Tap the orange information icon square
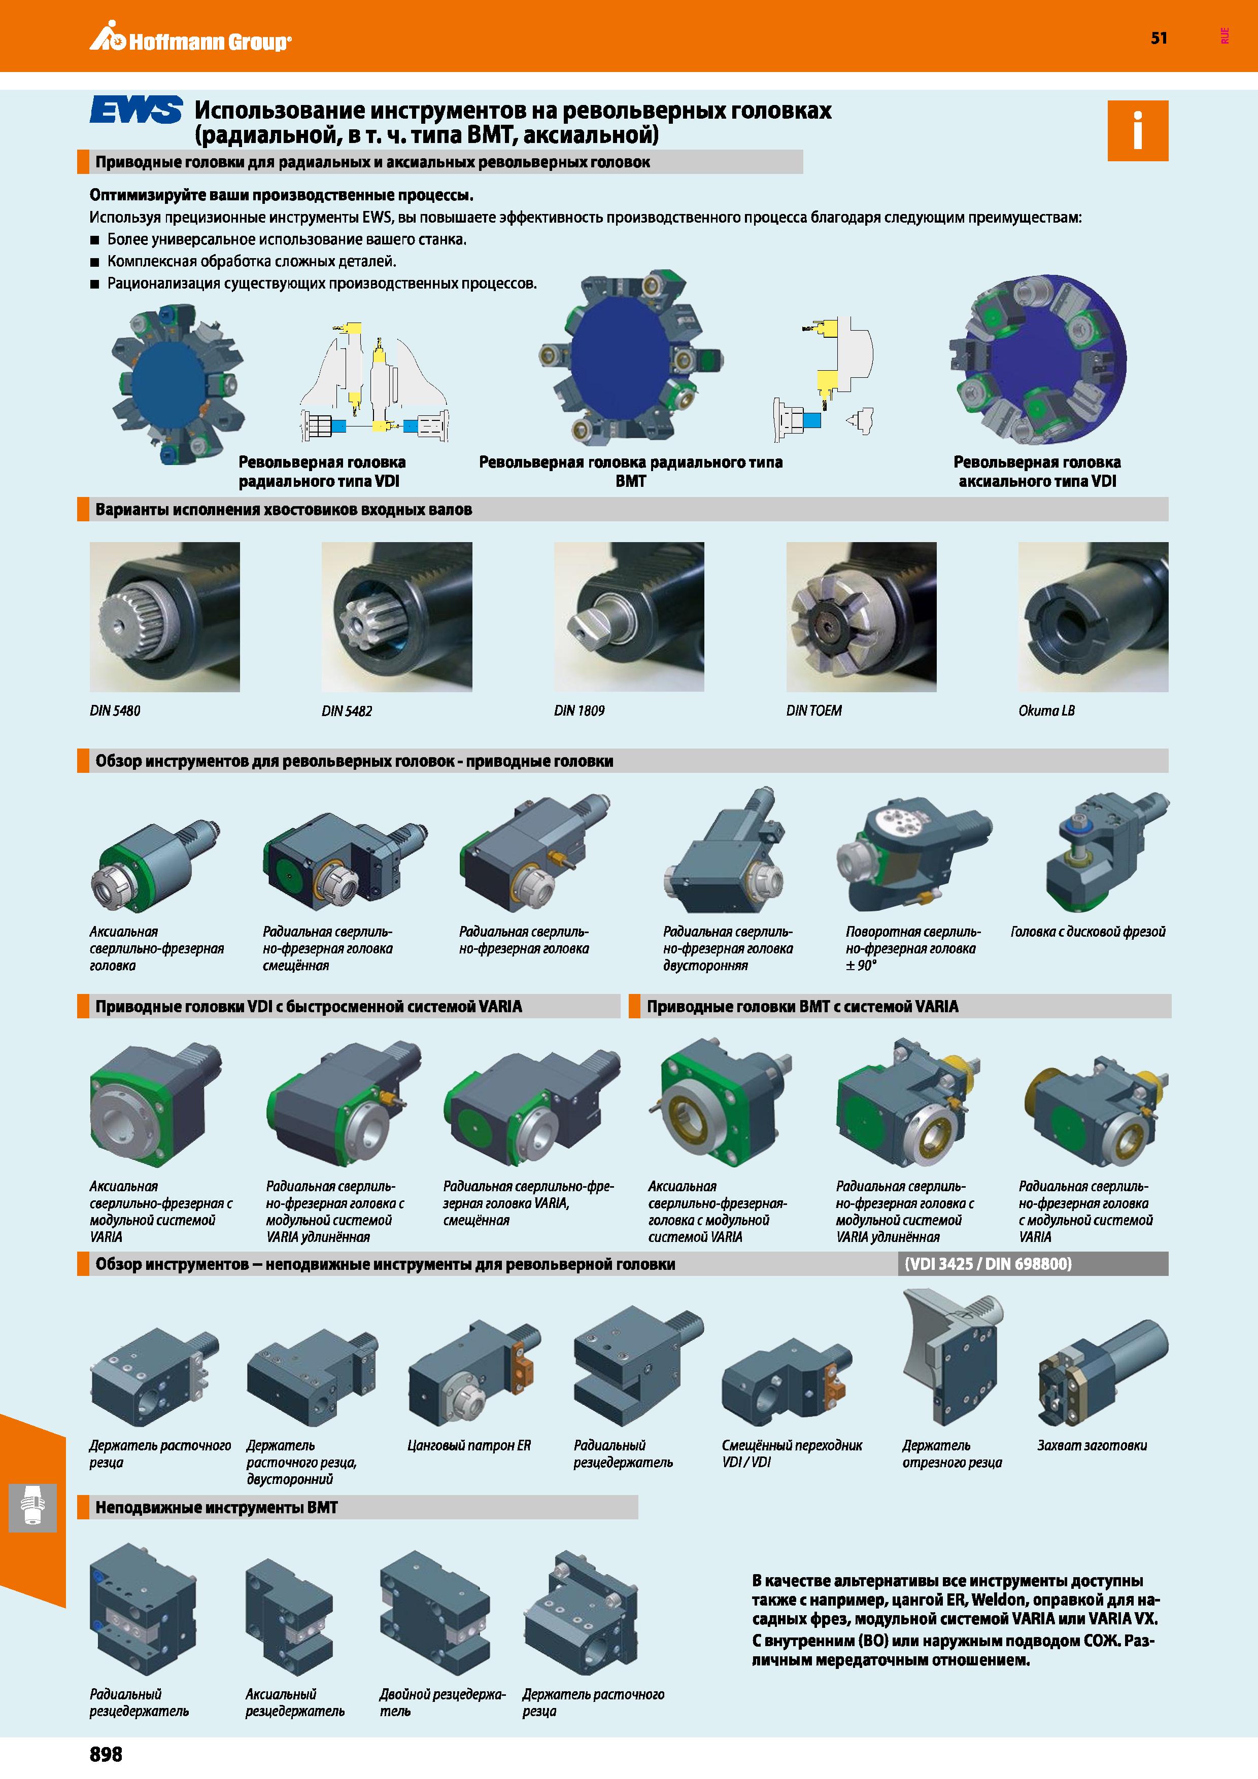point(1137,130)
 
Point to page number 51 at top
point(1159,38)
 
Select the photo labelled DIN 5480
point(165,617)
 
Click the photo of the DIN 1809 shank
point(629,617)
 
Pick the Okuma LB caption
point(1046,710)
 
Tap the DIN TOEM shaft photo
point(861,617)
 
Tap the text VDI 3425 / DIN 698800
point(988,1264)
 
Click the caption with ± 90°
point(913,948)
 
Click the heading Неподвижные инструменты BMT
point(216,1507)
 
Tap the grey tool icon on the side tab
point(32,1508)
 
